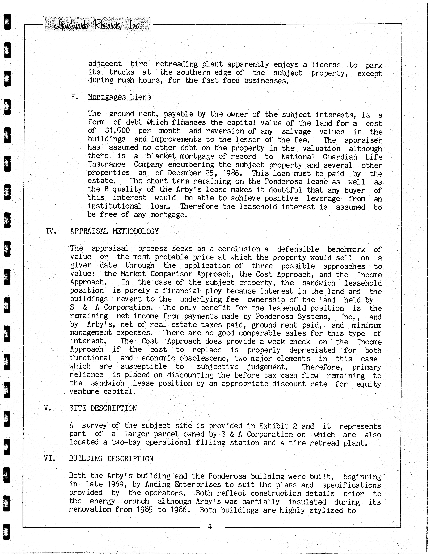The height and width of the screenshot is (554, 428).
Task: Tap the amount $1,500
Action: tap(117, 131)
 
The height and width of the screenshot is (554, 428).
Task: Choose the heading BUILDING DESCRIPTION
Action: tap(111, 459)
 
